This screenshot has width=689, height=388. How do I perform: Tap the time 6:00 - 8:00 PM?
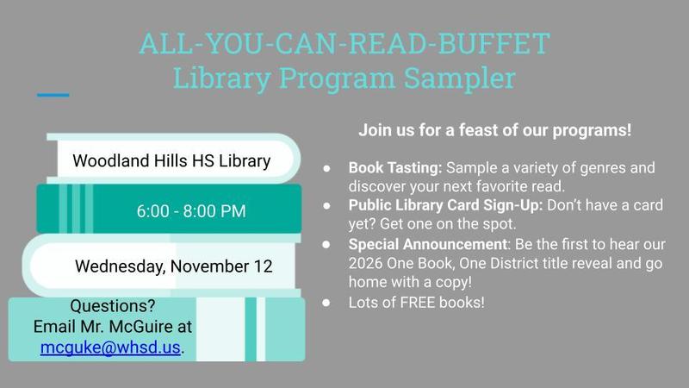pyautogui.click(x=191, y=210)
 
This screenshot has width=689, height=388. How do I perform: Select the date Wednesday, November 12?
pyautogui.click(x=173, y=266)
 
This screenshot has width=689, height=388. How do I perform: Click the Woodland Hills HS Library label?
pyautogui.click(x=171, y=160)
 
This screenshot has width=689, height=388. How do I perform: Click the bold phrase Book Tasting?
pyautogui.click(x=394, y=166)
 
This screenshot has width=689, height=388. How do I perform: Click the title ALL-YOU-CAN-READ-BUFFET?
pyautogui.click(x=344, y=43)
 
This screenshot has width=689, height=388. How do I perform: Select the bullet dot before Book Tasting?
pyautogui.click(x=327, y=167)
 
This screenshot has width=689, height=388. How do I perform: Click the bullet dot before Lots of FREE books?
pyautogui.click(x=327, y=303)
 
